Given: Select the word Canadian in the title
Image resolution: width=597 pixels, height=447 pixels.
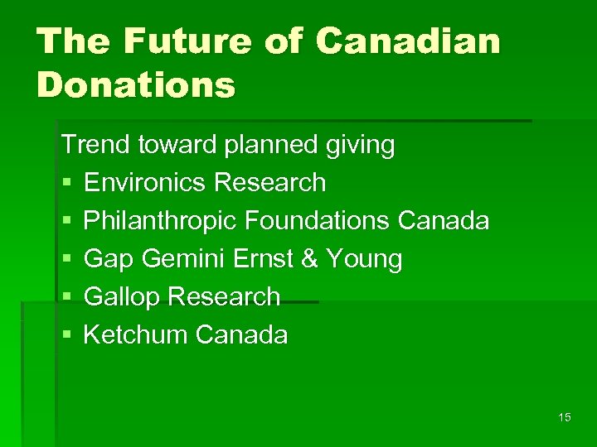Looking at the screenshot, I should point(410,41).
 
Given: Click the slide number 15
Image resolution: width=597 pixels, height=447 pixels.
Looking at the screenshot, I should point(565,417).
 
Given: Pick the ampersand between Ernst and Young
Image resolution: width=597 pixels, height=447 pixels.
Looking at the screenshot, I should point(309,259).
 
